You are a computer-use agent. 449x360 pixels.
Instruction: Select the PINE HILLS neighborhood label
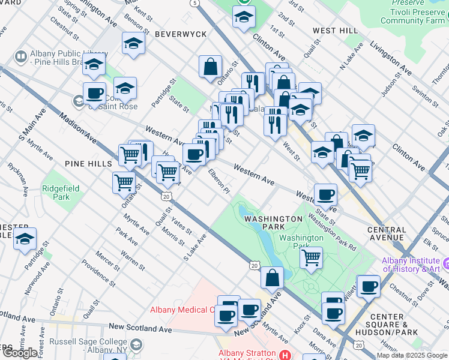[x=88, y=164]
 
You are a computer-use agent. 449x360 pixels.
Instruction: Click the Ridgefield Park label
[x=61, y=192]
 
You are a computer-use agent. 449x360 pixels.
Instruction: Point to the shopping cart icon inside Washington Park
[x=311, y=257]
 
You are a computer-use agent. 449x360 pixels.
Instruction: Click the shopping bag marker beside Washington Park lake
[x=272, y=277]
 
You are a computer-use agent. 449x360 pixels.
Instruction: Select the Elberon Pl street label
[x=219, y=181]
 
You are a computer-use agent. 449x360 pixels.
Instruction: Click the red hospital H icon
[x=285, y=355]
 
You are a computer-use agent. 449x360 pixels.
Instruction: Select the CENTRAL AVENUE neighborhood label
[x=386, y=233]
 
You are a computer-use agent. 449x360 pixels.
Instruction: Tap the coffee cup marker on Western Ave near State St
[x=325, y=194]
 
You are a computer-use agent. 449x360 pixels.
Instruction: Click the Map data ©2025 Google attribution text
[x=412, y=355]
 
